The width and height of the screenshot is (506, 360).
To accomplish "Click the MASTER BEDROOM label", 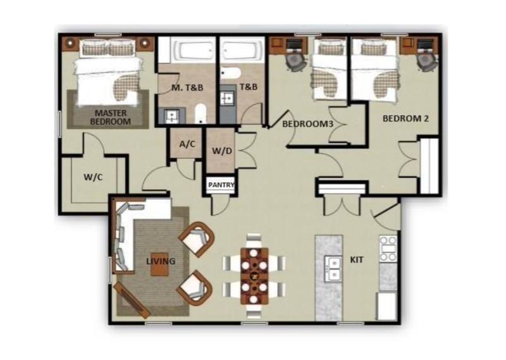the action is (x=110, y=118).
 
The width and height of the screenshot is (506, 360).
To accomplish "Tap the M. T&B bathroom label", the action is (x=187, y=87).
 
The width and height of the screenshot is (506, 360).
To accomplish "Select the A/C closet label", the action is (x=187, y=144).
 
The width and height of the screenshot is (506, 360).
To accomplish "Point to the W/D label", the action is (x=222, y=151).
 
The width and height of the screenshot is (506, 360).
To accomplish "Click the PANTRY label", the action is (x=221, y=185).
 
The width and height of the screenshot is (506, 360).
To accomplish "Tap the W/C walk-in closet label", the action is (x=93, y=177).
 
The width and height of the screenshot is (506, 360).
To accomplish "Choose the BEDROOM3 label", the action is (x=307, y=123).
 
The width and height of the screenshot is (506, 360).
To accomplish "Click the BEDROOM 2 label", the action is (x=405, y=118).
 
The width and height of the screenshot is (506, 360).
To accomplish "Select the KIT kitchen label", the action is (x=357, y=259).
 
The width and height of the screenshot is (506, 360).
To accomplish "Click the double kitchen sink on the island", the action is (x=333, y=269).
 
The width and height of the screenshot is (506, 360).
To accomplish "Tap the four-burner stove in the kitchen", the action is (x=388, y=249).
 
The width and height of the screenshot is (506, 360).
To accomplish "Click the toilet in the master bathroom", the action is (x=201, y=113).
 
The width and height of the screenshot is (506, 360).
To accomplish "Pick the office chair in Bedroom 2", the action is (x=428, y=61).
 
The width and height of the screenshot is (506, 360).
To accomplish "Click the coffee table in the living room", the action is (x=159, y=264).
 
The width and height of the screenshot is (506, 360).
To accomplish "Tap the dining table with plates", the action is (x=255, y=276).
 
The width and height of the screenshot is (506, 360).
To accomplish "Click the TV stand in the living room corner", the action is (x=132, y=300).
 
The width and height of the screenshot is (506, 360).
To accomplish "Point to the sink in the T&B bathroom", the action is (x=228, y=97).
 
